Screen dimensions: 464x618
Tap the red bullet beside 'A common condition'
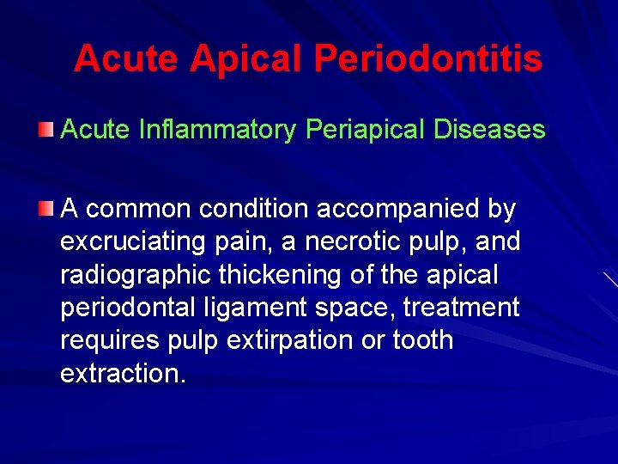coord(46,209)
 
